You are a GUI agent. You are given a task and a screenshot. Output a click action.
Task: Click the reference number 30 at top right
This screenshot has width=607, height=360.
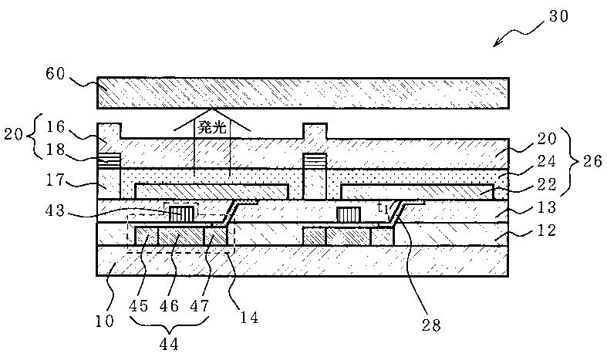click(558, 16)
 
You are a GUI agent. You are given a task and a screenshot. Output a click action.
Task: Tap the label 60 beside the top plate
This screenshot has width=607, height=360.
click(56, 73)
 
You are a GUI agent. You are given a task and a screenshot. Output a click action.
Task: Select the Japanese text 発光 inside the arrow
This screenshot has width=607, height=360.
click(212, 128)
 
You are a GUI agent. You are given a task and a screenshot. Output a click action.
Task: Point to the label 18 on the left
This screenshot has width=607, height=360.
click(55, 150)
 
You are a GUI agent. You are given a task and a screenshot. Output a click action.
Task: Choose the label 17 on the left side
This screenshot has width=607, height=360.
click(56, 180)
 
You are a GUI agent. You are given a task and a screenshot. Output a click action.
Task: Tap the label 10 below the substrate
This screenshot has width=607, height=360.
click(105, 321)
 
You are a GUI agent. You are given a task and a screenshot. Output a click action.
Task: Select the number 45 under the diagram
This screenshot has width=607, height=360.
click(139, 306)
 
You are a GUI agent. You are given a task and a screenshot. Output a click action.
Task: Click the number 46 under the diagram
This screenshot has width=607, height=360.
click(169, 306)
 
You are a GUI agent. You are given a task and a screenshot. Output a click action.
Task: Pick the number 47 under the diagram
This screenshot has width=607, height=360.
click(199, 306)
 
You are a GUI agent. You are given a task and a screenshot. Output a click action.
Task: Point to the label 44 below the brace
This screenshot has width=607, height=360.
click(169, 344)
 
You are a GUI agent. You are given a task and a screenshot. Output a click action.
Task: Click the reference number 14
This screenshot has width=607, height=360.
click(249, 318)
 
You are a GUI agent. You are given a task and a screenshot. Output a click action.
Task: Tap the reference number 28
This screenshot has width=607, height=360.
click(431, 325)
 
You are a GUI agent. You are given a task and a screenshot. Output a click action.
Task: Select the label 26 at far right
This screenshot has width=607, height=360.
click(592, 160)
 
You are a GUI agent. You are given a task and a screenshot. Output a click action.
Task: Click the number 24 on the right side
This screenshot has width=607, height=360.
click(547, 160)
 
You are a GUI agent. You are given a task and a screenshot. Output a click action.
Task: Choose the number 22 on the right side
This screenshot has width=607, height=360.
click(547, 184)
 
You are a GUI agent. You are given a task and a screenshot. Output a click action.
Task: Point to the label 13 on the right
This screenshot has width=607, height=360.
click(547, 207)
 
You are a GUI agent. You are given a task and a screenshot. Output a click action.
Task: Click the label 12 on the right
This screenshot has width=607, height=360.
click(547, 230)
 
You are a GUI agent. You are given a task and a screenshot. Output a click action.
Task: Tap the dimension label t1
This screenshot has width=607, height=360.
click(383, 208)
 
